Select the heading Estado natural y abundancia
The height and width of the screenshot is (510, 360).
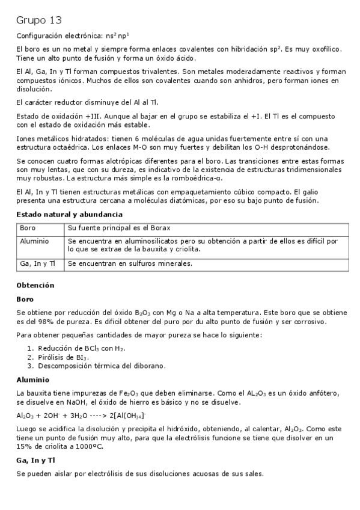[69, 215]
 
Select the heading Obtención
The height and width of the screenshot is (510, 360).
[35, 285]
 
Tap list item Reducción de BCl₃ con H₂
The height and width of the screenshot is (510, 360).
[81, 348]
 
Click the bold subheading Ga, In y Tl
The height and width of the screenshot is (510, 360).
[35, 460]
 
